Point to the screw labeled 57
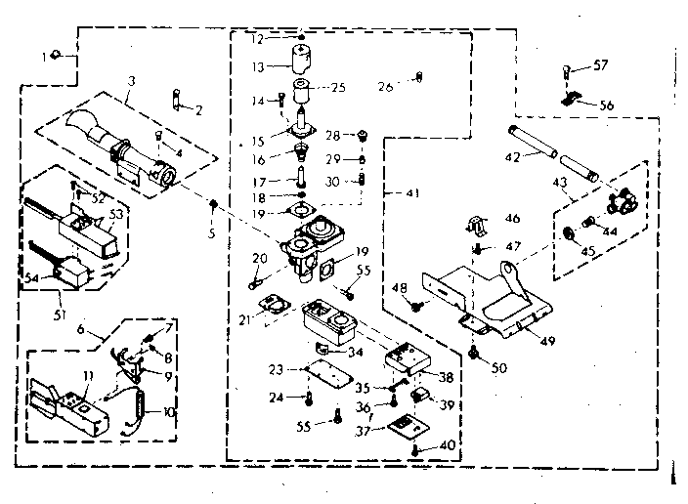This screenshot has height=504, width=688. [567, 69]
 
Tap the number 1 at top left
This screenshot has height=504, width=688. [44, 56]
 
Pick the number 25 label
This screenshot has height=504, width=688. [339, 87]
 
